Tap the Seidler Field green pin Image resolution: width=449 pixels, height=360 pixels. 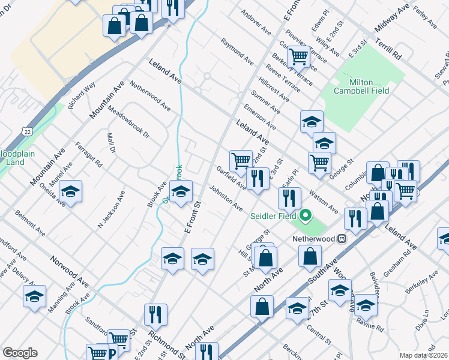(x=306, y=215)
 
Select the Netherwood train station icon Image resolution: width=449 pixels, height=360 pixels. (x=342, y=238)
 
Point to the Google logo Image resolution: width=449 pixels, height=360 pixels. (x=20, y=353)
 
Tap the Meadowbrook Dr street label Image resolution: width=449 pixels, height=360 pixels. (x=128, y=122)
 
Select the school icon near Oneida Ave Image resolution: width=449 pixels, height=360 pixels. (x=71, y=191)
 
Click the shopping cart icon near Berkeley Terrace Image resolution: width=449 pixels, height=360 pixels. (x=298, y=57)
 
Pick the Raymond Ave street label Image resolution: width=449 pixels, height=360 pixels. (x=237, y=51)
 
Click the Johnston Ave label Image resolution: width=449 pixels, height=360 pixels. (x=226, y=199)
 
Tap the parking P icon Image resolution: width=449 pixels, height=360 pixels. (x=111, y=354)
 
